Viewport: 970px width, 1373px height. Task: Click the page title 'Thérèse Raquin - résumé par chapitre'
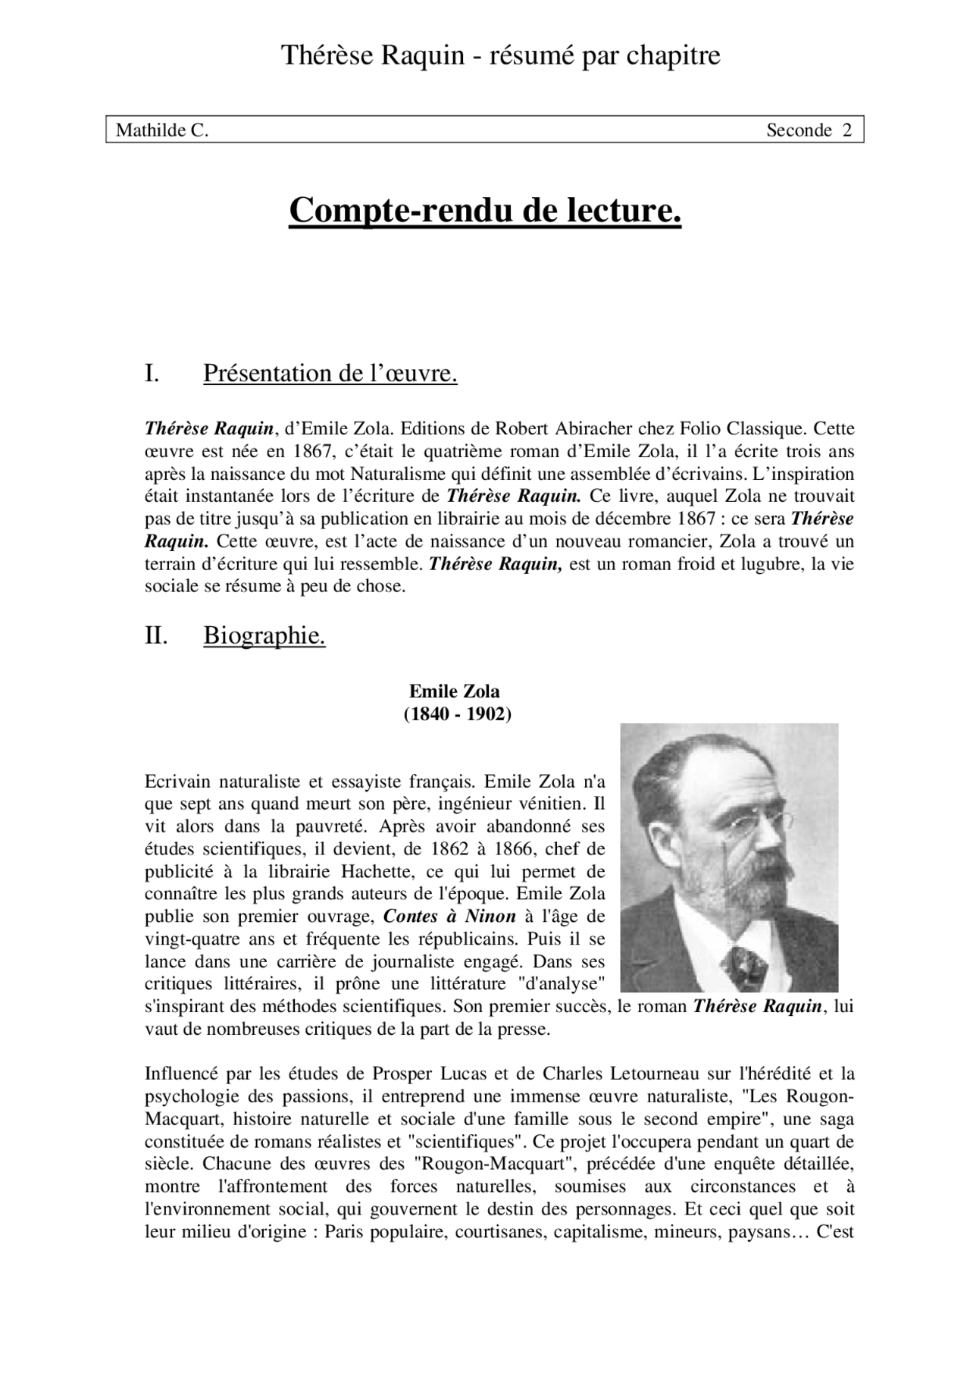tap(500, 55)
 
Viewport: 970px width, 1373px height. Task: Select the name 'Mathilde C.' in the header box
tap(161, 130)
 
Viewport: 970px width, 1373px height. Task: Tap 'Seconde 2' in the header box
tap(809, 130)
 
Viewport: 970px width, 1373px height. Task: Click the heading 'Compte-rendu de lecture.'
tap(485, 211)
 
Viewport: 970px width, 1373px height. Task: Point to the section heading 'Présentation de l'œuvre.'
tap(330, 374)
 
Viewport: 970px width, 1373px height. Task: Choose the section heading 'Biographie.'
tap(264, 636)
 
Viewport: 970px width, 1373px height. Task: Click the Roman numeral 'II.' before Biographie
tap(156, 636)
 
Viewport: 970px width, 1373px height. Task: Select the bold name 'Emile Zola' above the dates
tap(455, 691)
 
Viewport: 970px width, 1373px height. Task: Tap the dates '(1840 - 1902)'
tap(457, 714)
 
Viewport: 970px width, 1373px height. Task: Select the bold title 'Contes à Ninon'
tap(449, 917)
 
